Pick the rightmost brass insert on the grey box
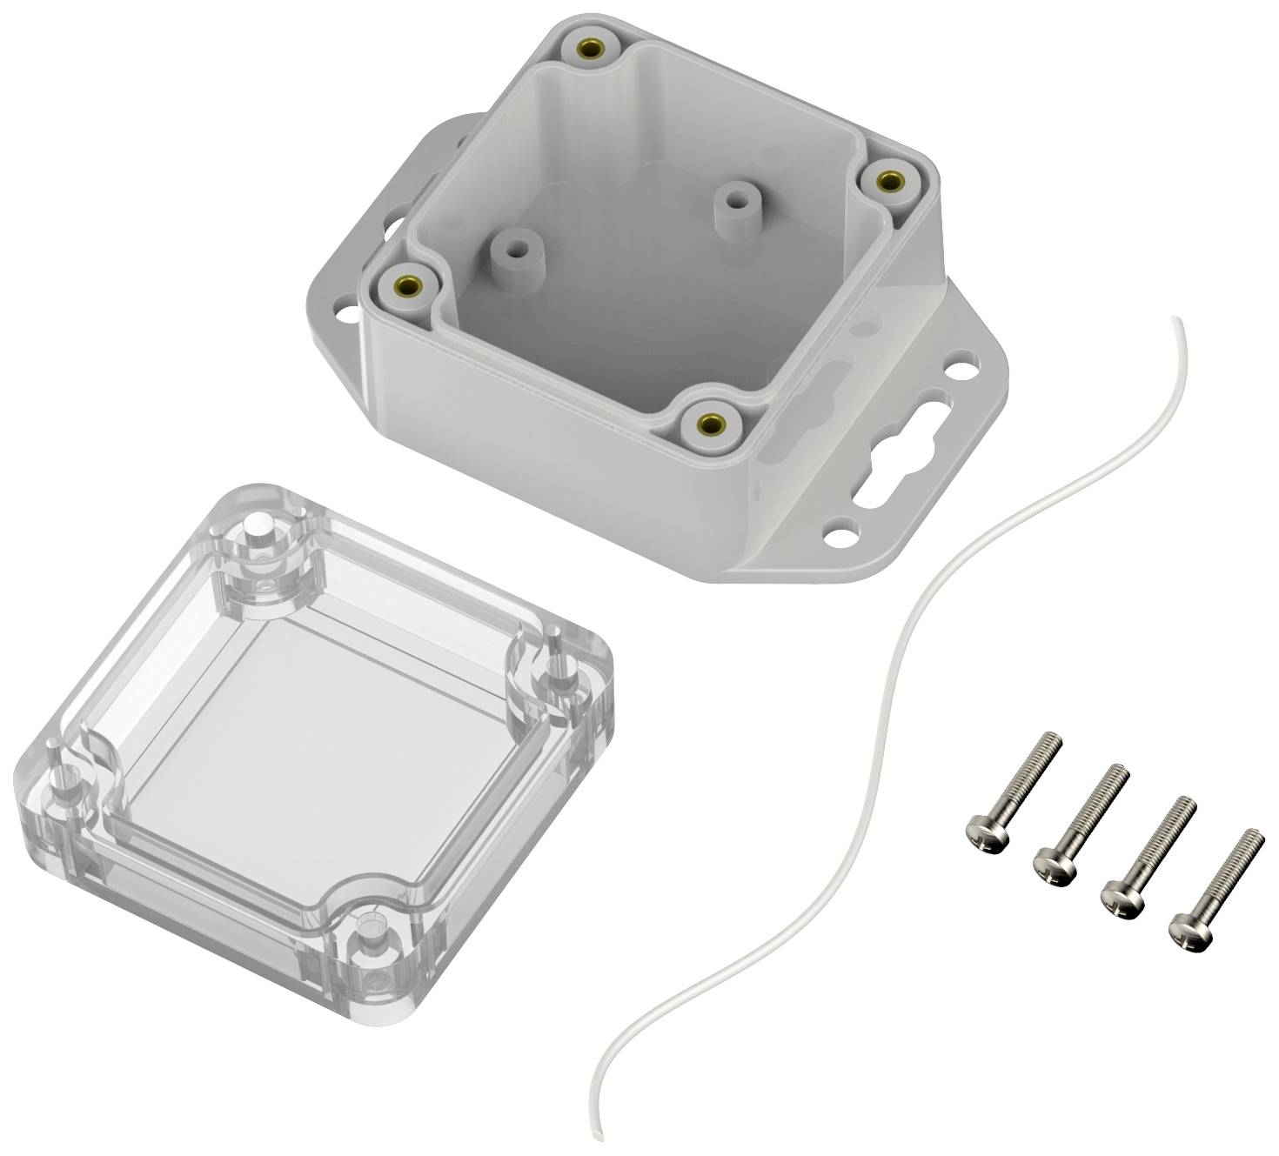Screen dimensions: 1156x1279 click(887, 181)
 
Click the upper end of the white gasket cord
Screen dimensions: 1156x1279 click(1174, 321)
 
